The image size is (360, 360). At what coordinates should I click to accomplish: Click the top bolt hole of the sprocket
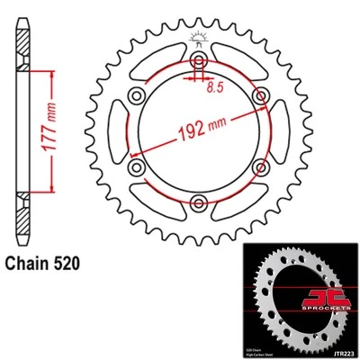(196, 60)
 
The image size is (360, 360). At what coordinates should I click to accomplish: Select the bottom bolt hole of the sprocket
(196, 202)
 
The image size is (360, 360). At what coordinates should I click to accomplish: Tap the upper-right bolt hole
(257, 95)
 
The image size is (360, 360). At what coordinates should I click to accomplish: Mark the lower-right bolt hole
(257, 166)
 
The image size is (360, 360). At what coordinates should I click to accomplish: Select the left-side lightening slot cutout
(117, 131)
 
